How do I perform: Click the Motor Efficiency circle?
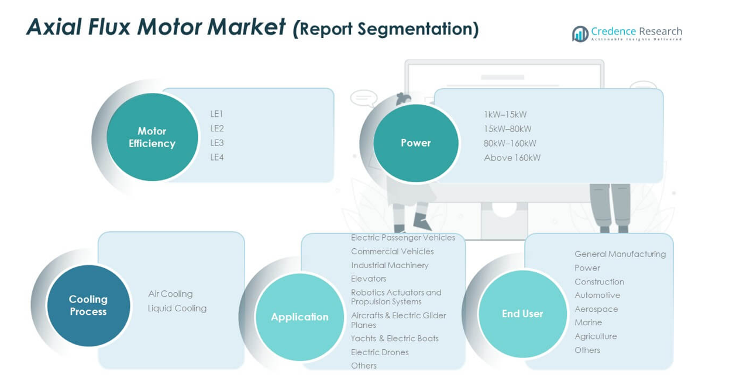click(152, 137)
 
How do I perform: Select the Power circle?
click(415, 143)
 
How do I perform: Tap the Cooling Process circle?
click(88, 305)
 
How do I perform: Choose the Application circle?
click(300, 317)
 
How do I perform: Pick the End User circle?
click(522, 314)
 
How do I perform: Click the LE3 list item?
click(217, 143)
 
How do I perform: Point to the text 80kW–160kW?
click(510, 143)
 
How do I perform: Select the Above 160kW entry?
click(512, 158)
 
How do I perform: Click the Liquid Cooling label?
click(177, 308)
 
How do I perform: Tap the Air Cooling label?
click(170, 294)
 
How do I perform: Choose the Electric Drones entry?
click(380, 352)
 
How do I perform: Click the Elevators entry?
click(369, 279)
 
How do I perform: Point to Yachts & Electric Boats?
click(394, 338)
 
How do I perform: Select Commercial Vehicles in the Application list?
click(392, 252)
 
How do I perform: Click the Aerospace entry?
click(596, 309)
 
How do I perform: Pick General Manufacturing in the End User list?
click(620, 254)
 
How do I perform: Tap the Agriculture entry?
click(596, 336)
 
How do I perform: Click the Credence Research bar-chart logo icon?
click(580, 34)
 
